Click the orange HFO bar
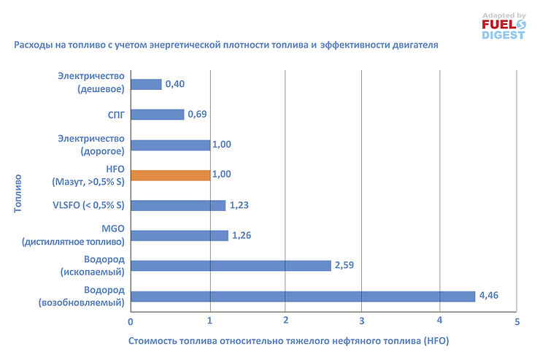170,175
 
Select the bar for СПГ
157,115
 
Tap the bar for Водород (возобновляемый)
303,296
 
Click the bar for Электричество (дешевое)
146,84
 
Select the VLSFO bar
178,205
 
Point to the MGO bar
180,235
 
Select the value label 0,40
174,84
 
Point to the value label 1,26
241,235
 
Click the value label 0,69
197,115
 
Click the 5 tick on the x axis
516,321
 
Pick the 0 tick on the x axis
131,321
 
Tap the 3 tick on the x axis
362,321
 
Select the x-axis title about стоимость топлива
288,341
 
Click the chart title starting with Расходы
226,45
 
